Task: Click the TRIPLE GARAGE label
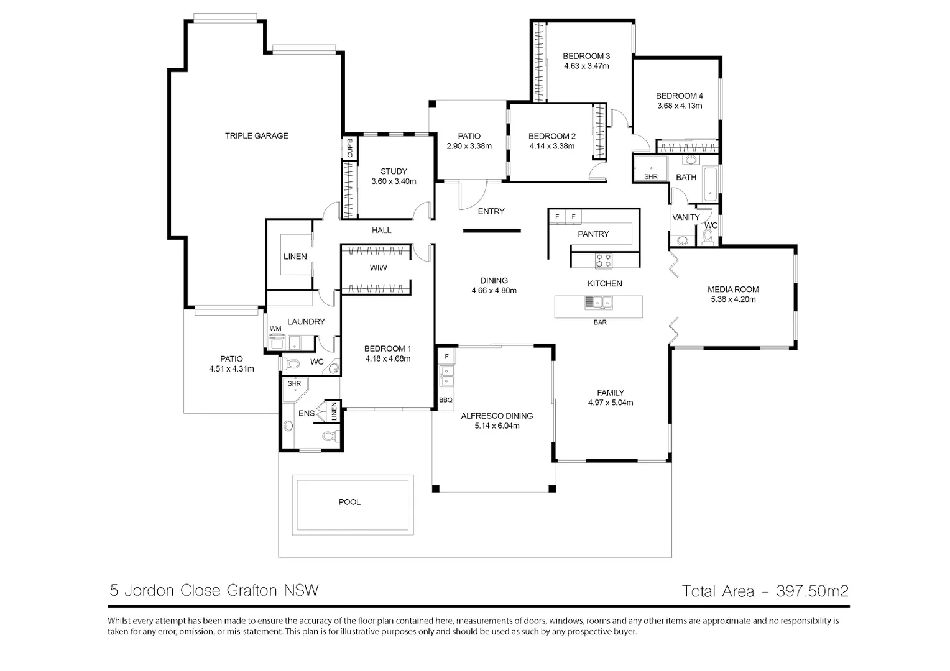(256, 135)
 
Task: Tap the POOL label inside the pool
(349, 502)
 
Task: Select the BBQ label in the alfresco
(446, 400)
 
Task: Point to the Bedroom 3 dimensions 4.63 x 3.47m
(586, 66)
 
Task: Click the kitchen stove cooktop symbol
(604, 260)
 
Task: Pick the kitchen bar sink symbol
(598, 303)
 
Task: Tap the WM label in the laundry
(275, 329)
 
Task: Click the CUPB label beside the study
(349, 148)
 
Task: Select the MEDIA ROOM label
(733, 289)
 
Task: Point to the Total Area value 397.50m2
(813, 591)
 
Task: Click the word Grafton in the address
(252, 590)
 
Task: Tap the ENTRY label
(491, 211)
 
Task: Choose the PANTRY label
(593, 234)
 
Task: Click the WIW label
(378, 268)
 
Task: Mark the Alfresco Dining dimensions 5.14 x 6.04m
(497, 426)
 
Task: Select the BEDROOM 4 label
(680, 96)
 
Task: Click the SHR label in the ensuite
(294, 384)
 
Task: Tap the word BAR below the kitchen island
(600, 322)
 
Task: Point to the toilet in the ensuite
(328, 436)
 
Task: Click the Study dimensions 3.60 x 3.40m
(394, 181)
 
